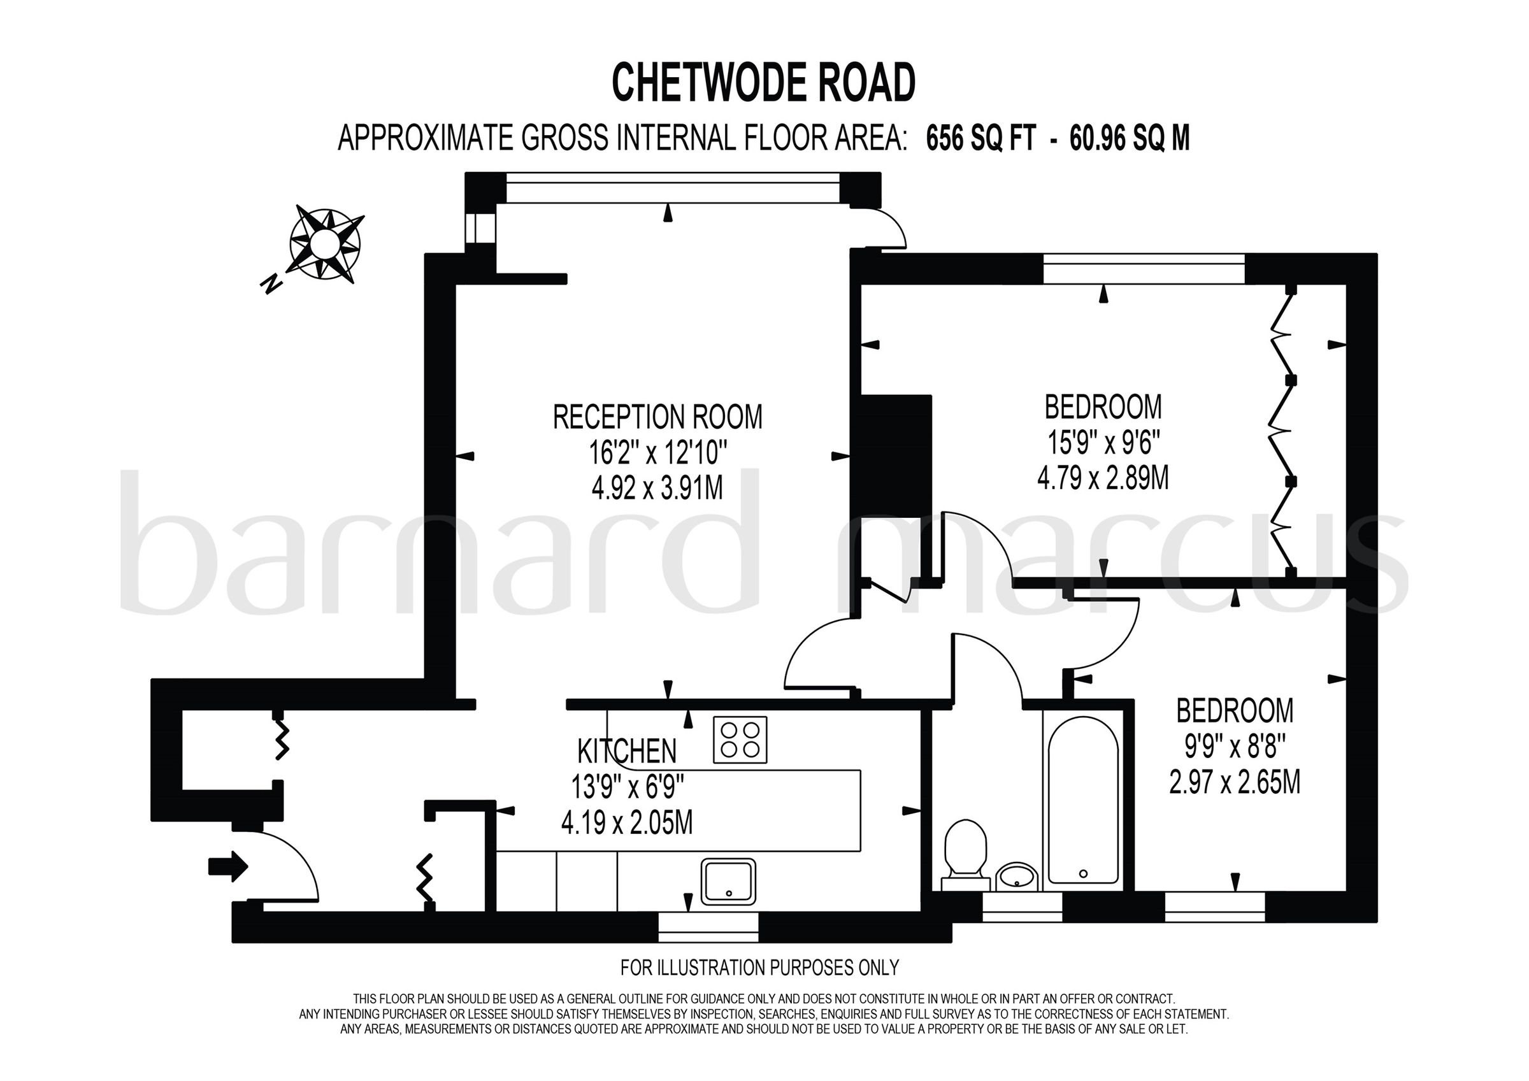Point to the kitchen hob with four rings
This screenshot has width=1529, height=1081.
[x=740, y=740]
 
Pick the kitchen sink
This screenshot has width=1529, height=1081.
[x=729, y=880]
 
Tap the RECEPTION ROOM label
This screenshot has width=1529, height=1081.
[x=657, y=418]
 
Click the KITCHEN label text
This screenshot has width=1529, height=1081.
[x=627, y=751]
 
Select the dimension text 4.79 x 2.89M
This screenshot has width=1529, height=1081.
[x=1103, y=478]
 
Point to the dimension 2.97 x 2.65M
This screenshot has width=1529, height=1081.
[x=1235, y=783]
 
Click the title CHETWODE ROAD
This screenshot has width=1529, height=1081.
[x=764, y=83]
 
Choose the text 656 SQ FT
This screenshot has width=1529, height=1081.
[x=981, y=140]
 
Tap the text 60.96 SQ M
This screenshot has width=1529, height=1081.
[x=1130, y=140]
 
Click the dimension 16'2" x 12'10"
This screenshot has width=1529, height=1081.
[x=657, y=454]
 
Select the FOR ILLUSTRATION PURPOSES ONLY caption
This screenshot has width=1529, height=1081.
[x=759, y=967]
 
